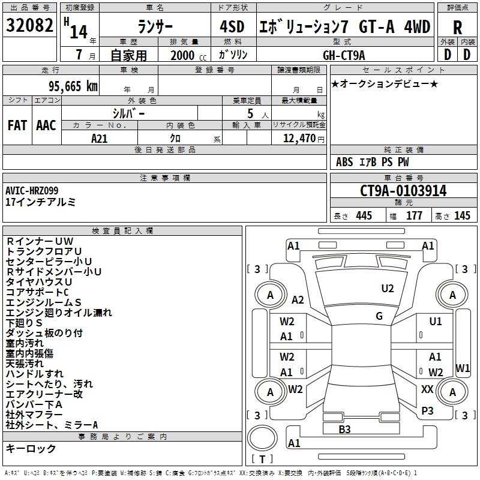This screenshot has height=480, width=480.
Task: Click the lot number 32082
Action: [29, 26]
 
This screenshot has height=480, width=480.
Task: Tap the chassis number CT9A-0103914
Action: [403, 191]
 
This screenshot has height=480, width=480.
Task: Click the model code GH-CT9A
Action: [344, 55]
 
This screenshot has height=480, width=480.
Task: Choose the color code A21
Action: [100, 138]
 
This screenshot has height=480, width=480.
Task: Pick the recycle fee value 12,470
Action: [299, 138]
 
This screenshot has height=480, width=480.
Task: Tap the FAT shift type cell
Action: [17, 125]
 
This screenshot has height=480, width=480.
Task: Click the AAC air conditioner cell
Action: [46, 125]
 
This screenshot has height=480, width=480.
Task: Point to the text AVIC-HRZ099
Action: [34, 190]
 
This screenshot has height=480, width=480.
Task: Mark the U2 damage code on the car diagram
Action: [388, 289]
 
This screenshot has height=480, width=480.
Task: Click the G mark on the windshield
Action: [379, 316]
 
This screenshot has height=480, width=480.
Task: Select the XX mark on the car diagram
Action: [427, 389]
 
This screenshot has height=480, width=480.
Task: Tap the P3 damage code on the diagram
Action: [427, 410]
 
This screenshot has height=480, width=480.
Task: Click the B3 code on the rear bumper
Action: [344, 429]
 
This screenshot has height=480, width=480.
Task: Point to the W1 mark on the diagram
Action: [463, 368]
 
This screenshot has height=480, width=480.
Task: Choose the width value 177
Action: [415, 216]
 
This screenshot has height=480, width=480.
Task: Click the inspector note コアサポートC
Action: [37, 292]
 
